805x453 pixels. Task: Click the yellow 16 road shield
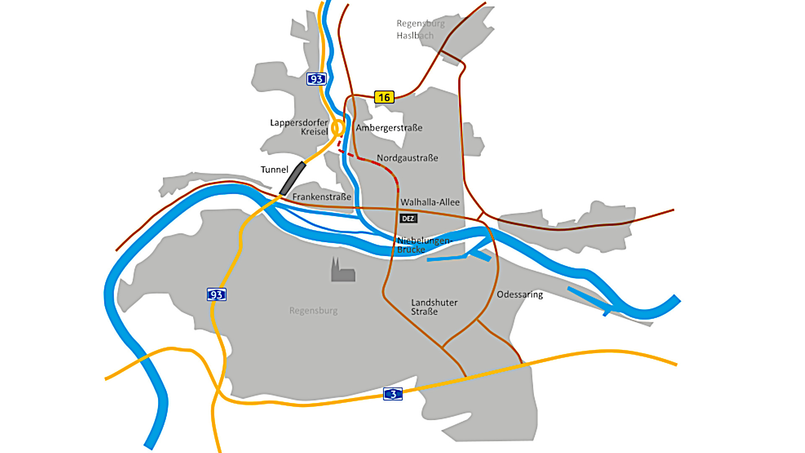384,97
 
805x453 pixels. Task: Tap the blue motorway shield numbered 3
393,394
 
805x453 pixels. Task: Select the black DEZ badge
408,219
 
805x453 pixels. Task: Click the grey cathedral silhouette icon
343,271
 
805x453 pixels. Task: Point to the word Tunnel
274,169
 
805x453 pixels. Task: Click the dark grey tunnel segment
293,178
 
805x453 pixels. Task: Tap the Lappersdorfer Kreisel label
299,127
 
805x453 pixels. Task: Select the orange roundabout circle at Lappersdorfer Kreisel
338,128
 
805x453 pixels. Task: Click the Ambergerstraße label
389,128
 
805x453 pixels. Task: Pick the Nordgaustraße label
407,158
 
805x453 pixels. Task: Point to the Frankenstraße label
322,197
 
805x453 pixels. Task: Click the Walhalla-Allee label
430,202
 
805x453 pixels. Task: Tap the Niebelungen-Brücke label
423,245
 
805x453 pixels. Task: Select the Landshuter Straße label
434,307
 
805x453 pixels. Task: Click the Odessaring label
519,294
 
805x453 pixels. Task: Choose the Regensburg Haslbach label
420,29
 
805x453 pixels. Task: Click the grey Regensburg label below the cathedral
313,311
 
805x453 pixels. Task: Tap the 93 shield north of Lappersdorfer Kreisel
316,79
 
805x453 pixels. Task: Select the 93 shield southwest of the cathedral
216,294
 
